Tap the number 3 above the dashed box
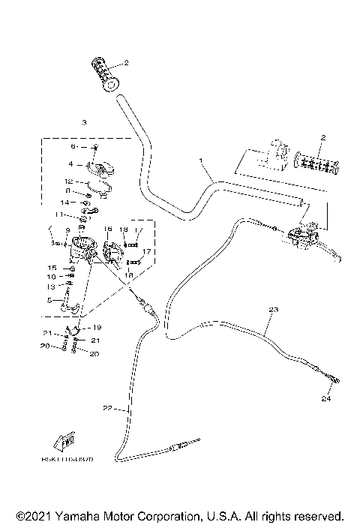point(85,121)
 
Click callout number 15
point(52,267)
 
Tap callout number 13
point(52,286)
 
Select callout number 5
point(50,300)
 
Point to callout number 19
point(97,327)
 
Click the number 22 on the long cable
point(106,408)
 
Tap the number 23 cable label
point(273,310)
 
